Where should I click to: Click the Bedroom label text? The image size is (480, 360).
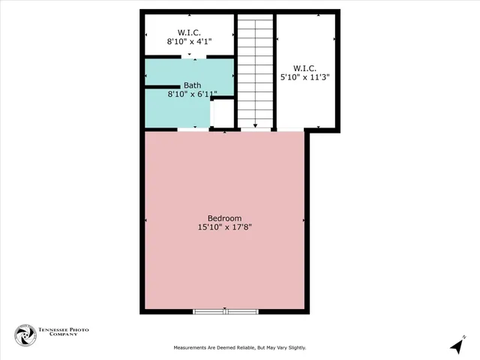pyautogui.click(x=225, y=217)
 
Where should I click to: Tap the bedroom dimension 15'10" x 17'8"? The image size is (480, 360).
pyautogui.click(x=225, y=226)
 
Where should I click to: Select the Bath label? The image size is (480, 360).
pyautogui.click(x=192, y=85)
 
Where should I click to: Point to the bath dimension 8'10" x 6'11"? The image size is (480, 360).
pyautogui.click(x=192, y=94)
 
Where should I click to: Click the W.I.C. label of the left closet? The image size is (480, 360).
pyautogui.click(x=189, y=32)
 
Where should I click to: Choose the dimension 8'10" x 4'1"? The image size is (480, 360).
pyautogui.click(x=189, y=41)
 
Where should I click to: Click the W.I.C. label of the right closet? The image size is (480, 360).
pyautogui.click(x=306, y=67)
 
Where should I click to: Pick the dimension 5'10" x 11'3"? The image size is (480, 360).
pyautogui.click(x=306, y=76)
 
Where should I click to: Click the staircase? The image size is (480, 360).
pyautogui.click(x=255, y=71)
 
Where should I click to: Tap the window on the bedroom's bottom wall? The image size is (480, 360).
pyautogui.click(x=226, y=310)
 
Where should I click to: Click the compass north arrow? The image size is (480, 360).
pyautogui.click(x=457, y=345)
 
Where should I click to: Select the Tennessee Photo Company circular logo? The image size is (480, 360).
pyautogui.click(x=25, y=335)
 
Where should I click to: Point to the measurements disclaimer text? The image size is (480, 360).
pyautogui.click(x=240, y=348)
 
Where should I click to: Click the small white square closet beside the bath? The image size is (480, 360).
pyautogui.click(x=223, y=113)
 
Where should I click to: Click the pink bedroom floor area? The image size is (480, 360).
pyautogui.click(x=225, y=262)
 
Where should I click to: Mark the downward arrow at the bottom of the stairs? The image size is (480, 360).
pyautogui.click(x=255, y=126)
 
